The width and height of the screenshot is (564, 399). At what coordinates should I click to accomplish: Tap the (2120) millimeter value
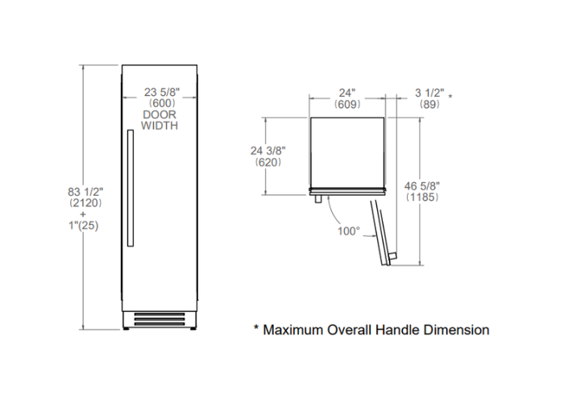[85, 203]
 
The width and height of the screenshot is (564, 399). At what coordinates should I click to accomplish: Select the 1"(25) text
[84, 226]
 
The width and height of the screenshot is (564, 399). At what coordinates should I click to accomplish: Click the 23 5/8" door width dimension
[161, 92]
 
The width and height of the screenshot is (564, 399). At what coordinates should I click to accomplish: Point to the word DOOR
[160, 114]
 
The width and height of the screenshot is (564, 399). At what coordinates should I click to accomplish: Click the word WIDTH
[160, 126]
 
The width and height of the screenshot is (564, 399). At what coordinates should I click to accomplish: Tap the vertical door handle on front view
[131, 188]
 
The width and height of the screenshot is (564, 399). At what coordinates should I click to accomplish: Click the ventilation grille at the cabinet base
[160, 319]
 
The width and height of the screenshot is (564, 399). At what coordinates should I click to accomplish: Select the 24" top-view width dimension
[346, 93]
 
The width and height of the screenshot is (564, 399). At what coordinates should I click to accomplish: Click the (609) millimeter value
[347, 104]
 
